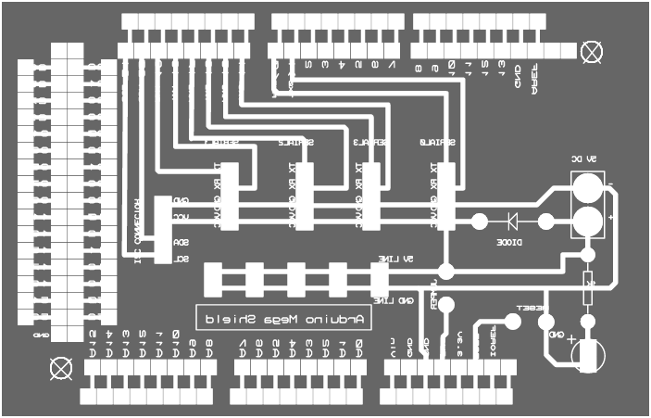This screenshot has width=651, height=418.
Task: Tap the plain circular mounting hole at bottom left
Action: tap(60, 367)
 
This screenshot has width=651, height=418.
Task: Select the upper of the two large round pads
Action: tap(585, 188)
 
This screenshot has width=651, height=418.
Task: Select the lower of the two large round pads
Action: tap(585, 221)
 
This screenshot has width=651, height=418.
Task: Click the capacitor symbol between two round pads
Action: tap(511, 222)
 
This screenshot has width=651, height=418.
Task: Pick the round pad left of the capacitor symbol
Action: tap(479, 222)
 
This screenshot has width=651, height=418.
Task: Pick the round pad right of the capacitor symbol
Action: tap(546, 222)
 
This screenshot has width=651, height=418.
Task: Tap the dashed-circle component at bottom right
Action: tap(586, 353)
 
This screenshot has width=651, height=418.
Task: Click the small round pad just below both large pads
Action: tap(587, 255)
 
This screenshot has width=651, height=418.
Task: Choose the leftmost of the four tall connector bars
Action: tap(230, 196)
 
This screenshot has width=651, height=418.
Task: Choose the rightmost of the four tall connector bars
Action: tap(445, 196)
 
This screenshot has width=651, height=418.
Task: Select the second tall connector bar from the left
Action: tap(305, 196)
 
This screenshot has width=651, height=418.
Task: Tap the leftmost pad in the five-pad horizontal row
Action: tap(213, 278)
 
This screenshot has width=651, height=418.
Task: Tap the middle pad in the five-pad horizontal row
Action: tap(296, 278)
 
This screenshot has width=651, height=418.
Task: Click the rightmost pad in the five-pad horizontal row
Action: tap(379, 278)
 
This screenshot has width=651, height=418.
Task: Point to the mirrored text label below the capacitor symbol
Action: tap(510, 242)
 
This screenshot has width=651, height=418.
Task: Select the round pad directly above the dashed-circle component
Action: tap(587, 322)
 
